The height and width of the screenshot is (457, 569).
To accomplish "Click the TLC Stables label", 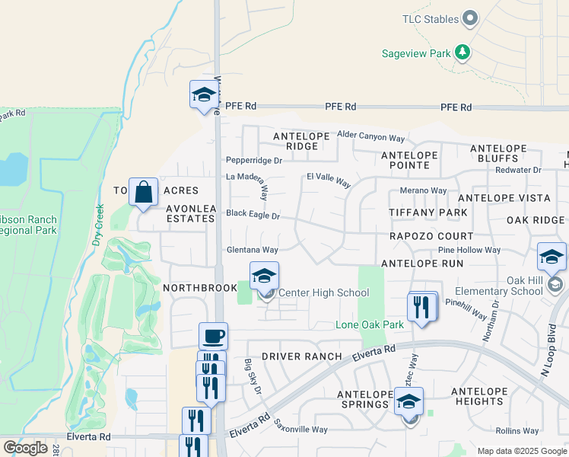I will tap(430, 19).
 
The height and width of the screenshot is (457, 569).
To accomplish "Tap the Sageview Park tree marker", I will tap(462, 53).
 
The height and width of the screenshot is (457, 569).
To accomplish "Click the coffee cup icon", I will tap(213, 335).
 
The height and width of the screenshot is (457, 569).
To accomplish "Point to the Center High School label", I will tap(323, 293).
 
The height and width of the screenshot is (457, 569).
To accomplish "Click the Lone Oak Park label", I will tap(370, 325).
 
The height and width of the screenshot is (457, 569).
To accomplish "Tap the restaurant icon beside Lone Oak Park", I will tap(422, 307).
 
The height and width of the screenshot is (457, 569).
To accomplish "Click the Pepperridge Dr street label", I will tap(254, 161).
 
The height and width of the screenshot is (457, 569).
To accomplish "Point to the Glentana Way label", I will tap(252, 250).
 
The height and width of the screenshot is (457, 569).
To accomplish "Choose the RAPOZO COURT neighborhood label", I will tap(431, 236).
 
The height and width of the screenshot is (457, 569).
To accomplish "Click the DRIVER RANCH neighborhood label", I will tap(301, 356).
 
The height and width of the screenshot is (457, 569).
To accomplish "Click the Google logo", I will tap(25, 448).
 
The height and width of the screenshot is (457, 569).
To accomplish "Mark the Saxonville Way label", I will tap(300, 430).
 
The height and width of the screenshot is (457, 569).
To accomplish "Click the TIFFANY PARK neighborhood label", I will tap(428, 212).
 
